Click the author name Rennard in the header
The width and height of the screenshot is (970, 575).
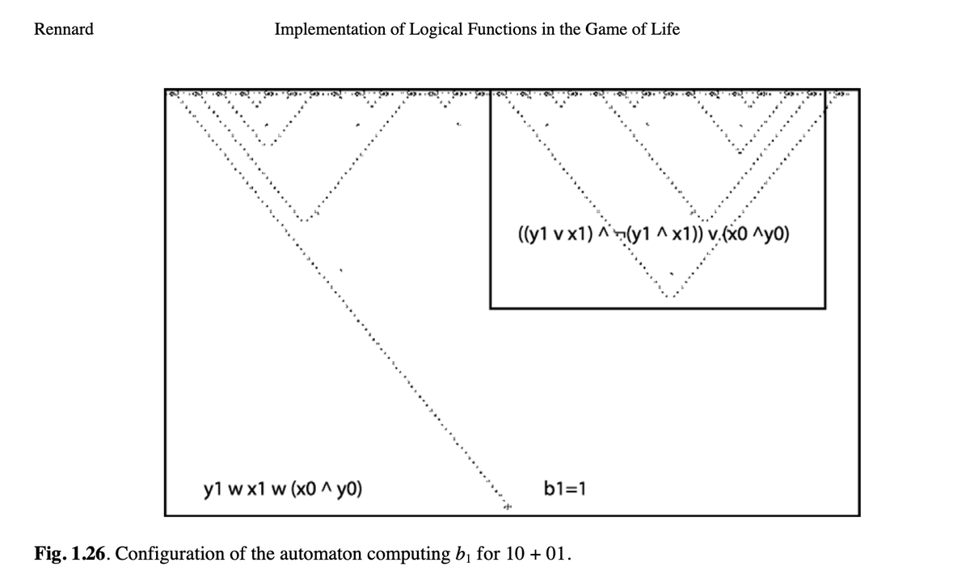click(x=63, y=30)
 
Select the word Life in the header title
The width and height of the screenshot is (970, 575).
click(x=664, y=30)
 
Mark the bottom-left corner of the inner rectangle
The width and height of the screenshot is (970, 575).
click(x=490, y=307)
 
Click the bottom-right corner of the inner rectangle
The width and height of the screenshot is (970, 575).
click(x=824, y=307)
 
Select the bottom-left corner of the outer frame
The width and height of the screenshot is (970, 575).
click(x=165, y=515)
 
